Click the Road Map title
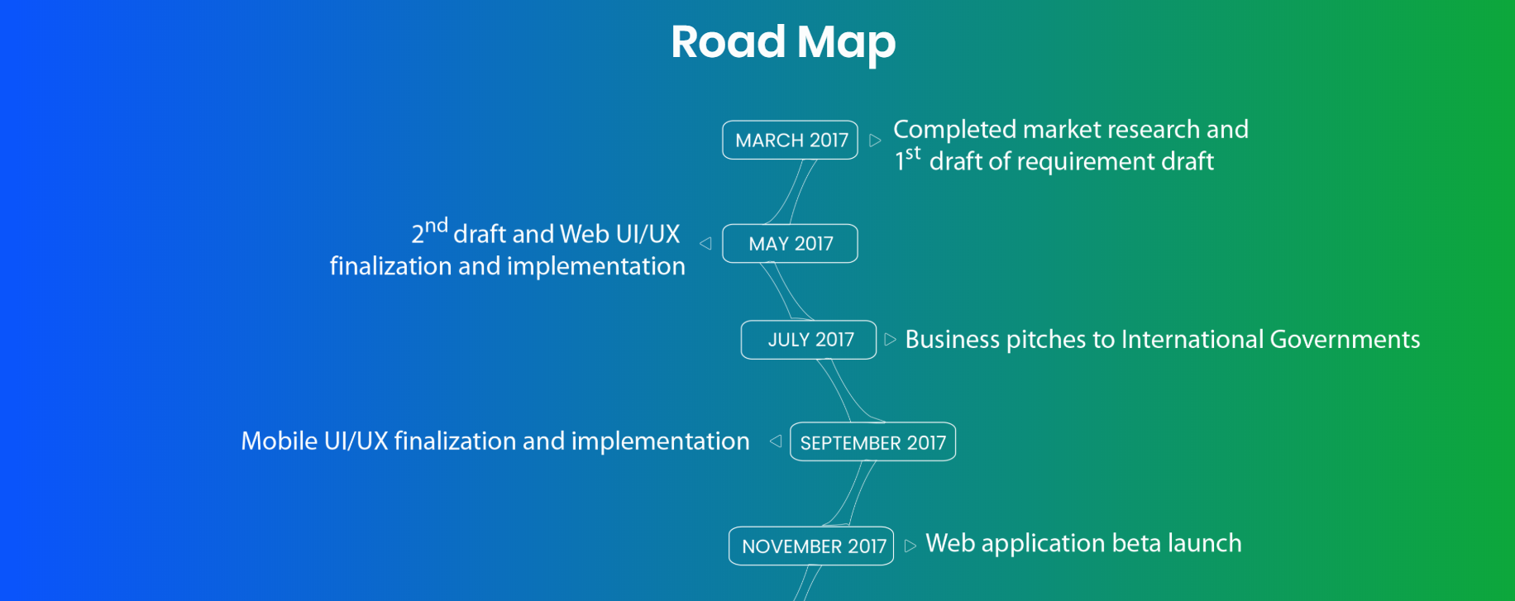click(783, 42)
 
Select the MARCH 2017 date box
click(790, 140)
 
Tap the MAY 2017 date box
click(790, 244)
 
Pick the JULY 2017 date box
click(809, 340)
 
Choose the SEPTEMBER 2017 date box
click(872, 441)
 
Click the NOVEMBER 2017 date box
click(811, 546)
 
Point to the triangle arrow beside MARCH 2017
click(875, 141)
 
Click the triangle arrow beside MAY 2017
click(705, 243)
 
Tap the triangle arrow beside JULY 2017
click(890, 340)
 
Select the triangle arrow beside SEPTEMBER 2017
click(776, 441)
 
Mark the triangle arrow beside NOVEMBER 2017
click(910, 546)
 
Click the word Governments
click(1345, 340)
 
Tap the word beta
click(1136, 543)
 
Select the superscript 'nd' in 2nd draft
click(436, 226)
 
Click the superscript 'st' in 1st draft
click(913, 153)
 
